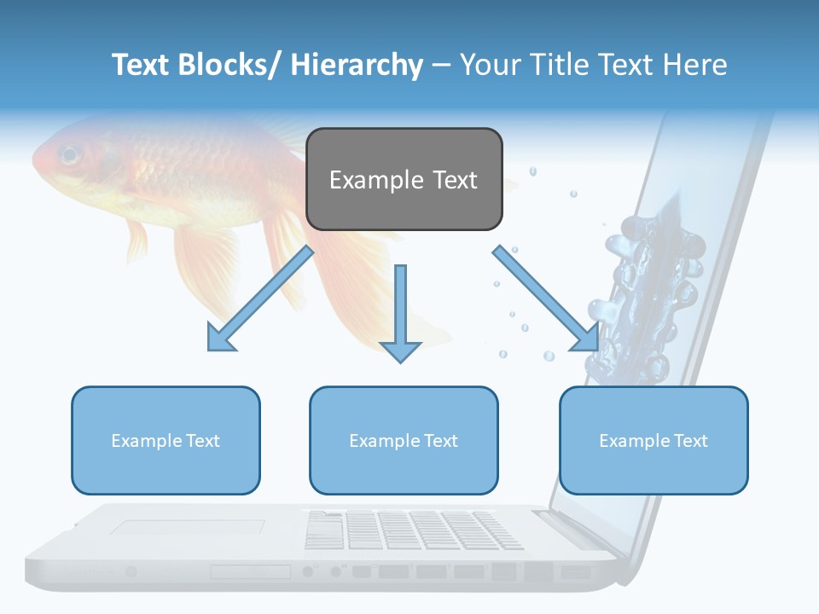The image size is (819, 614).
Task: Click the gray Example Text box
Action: coord(404,179)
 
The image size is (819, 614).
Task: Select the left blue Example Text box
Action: coord(166,440)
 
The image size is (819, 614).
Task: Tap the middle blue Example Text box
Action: coord(404,440)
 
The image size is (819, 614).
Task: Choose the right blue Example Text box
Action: coord(653,440)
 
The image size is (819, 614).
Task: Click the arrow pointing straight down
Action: coord(400,311)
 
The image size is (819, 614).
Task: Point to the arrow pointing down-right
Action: coord(546,298)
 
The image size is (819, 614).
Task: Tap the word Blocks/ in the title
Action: coord(224,65)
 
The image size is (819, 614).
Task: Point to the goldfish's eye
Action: coord(69,154)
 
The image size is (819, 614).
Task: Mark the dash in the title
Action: coord(440,67)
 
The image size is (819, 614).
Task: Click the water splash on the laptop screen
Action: coord(648,290)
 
